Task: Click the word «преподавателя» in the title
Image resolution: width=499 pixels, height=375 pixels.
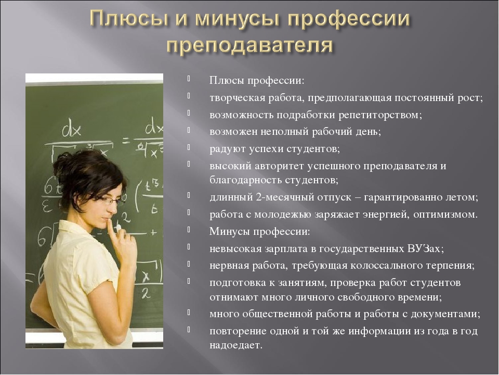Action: coord(250,45)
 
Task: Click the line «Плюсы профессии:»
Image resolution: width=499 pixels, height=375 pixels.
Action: coord(257,81)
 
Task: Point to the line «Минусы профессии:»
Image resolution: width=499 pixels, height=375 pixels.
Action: coord(259,231)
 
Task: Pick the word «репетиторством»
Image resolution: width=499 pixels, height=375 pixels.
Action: coord(380,115)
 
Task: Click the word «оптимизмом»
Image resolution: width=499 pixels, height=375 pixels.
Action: coord(445,214)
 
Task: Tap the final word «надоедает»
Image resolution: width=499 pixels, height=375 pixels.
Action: coord(236,345)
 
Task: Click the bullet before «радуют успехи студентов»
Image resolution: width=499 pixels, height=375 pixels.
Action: coord(189,147)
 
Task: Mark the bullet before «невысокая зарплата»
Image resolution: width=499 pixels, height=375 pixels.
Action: coord(189,247)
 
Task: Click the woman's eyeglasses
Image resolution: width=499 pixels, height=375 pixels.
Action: coord(111,200)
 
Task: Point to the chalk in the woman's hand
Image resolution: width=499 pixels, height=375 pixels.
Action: coord(119,228)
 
